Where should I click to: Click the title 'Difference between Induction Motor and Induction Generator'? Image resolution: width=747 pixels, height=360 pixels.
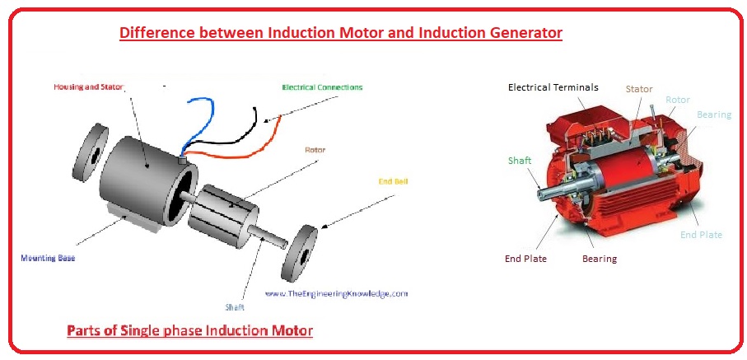(x=340, y=33)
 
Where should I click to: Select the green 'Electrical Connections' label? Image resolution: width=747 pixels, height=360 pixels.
(x=321, y=86)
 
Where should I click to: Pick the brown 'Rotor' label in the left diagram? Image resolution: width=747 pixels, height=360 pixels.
(x=315, y=150)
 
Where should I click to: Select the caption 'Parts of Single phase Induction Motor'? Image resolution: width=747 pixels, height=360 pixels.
(x=189, y=331)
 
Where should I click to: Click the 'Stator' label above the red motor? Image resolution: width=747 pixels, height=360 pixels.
(x=639, y=88)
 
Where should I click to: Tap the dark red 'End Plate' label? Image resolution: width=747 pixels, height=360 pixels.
(x=525, y=259)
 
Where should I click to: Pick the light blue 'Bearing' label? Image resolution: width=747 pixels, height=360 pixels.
(x=713, y=115)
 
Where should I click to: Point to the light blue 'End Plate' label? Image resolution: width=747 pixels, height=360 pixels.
(x=701, y=235)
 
